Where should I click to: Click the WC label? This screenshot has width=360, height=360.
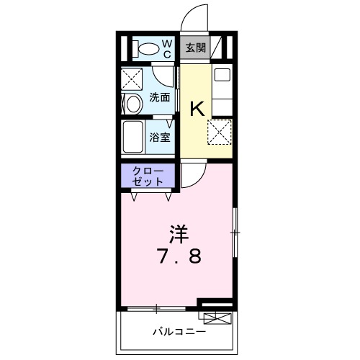coord(166,49)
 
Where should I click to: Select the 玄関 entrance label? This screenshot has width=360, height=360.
coord(194,49)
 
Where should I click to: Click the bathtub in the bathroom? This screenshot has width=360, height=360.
coord(133,137)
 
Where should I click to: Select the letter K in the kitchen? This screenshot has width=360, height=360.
coord(197,109)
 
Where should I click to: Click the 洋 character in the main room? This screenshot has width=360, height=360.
coord(178,233)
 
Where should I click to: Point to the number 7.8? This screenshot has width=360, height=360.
coord(178,257)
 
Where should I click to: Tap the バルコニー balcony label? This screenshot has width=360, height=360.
coord(179,332)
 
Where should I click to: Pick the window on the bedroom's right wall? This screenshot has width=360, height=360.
coord(234,232)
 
